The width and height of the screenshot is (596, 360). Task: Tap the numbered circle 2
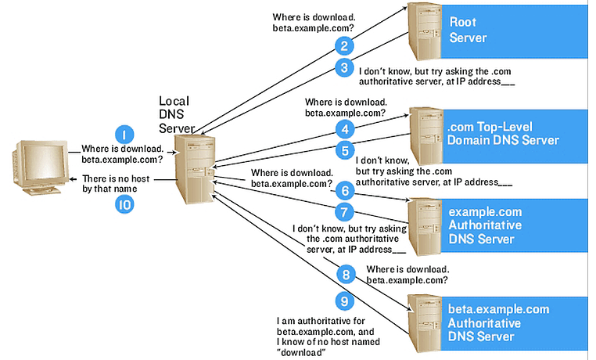point(344,45)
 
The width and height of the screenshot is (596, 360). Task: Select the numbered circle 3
point(344,68)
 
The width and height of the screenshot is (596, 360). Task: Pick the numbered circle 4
point(344,128)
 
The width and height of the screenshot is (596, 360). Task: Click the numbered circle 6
point(344,190)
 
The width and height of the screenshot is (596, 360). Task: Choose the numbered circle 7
point(344,211)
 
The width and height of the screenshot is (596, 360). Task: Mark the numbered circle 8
point(344,274)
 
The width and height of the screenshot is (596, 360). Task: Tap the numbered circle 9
point(344,301)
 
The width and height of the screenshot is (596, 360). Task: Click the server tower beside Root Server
point(422,31)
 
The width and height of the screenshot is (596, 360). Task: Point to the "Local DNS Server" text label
point(176,113)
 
